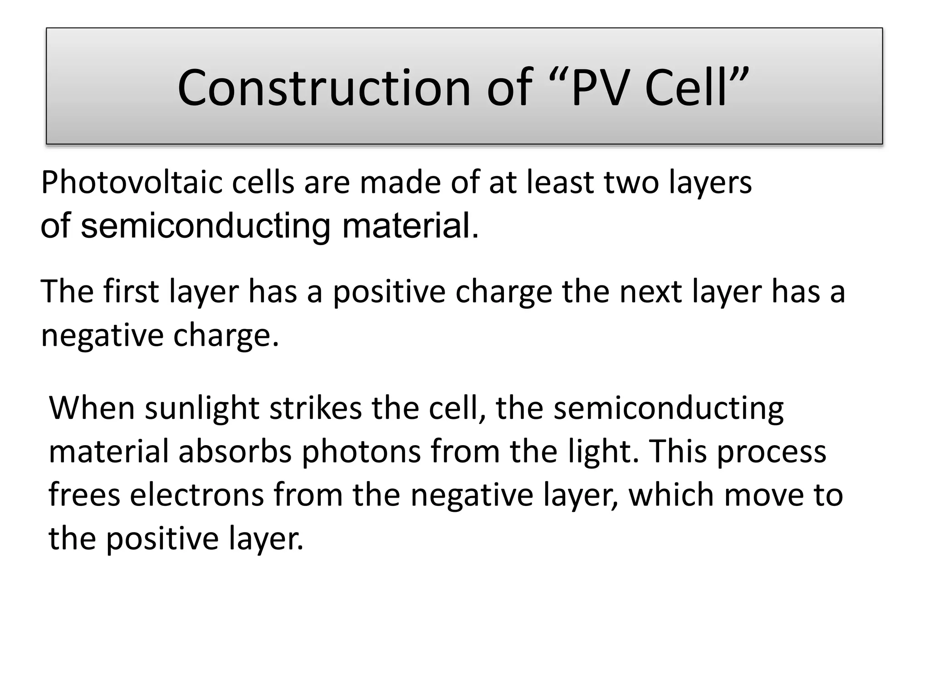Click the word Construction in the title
(x=324, y=87)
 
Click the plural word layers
(x=710, y=183)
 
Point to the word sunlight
(x=202, y=409)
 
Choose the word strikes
(x=316, y=408)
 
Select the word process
(x=771, y=452)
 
